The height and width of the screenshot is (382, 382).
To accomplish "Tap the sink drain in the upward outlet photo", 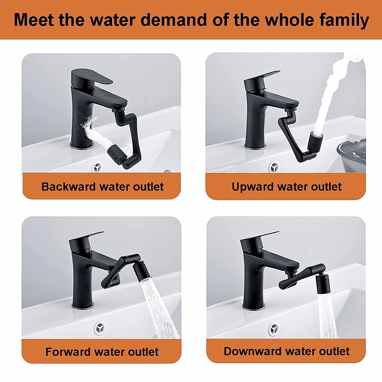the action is (x=274, y=166).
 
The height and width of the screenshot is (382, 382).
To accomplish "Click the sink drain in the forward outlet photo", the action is (x=100, y=327).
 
